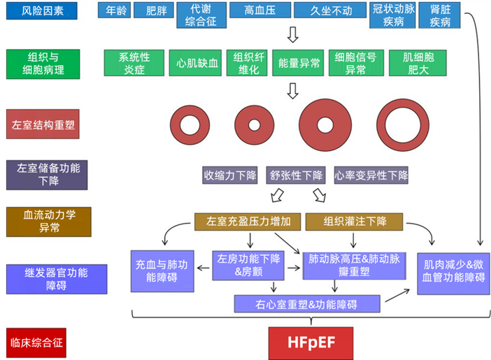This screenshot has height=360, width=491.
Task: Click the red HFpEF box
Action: click(x=311, y=343)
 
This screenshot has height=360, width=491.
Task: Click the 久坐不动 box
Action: click(x=328, y=12)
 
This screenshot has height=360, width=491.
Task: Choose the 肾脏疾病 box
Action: click(x=439, y=15)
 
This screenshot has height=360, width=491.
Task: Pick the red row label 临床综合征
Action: click(x=36, y=343)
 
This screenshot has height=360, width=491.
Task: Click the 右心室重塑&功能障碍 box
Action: click(x=307, y=304)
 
